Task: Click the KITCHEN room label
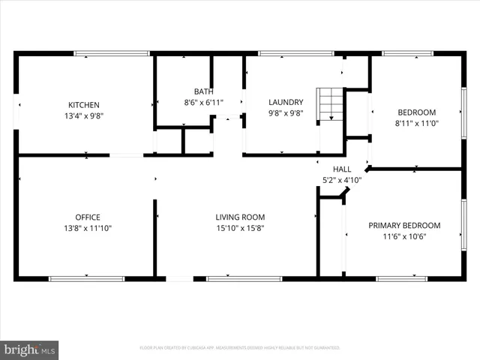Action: pyautogui.click(x=84, y=104)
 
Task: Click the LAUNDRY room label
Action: pyautogui.click(x=286, y=102)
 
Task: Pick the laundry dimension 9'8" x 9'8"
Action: pyautogui.click(x=286, y=113)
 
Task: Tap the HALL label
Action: pyautogui.click(x=342, y=169)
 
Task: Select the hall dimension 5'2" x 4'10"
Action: pyautogui.click(x=342, y=180)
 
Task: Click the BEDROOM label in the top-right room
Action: pyautogui.click(x=416, y=113)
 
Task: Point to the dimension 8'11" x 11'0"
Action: pyautogui.click(x=416, y=124)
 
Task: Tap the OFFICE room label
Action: pyautogui.click(x=87, y=217)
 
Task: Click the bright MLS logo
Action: pyautogui.click(x=30, y=349)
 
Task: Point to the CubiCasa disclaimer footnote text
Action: pyautogui.click(x=240, y=348)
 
